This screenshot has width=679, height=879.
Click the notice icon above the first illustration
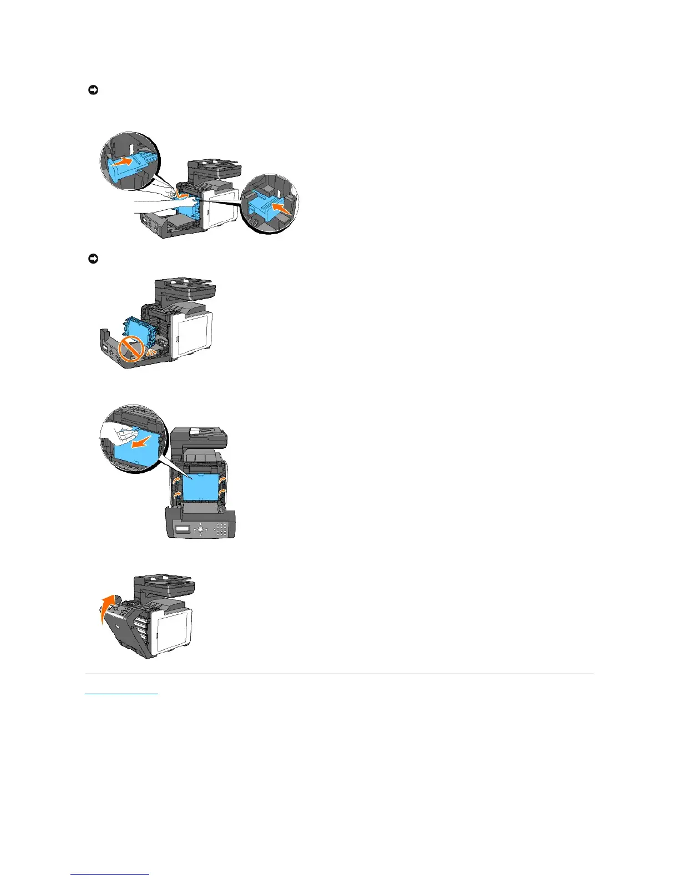pos(93,90)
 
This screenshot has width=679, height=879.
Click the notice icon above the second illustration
pos(93,259)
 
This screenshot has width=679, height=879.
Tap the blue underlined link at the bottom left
pos(121,693)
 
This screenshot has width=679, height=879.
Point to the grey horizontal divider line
pos(339,674)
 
